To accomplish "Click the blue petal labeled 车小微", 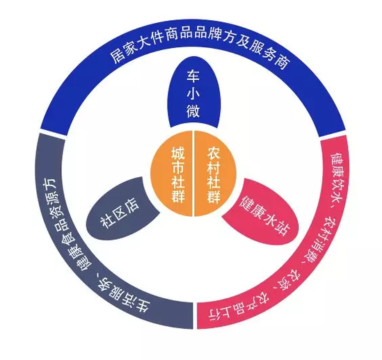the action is pyautogui.click(x=193, y=94).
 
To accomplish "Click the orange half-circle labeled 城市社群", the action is pyautogui.click(x=172, y=173).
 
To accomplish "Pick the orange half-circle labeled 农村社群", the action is pyautogui.click(x=215, y=173).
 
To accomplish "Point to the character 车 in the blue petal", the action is pyautogui.click(x=193, y=76).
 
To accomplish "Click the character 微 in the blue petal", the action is pyautogui.click(x=193, y=111).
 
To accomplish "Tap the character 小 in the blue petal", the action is pyautogui.click(x=193, y=93).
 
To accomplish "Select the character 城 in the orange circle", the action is pyautogui.click(x=178, y=153).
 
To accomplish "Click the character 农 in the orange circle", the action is pyautogui.click(x=214, y=153).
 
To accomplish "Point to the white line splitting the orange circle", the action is pyautogui.click(x=193, y=173).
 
